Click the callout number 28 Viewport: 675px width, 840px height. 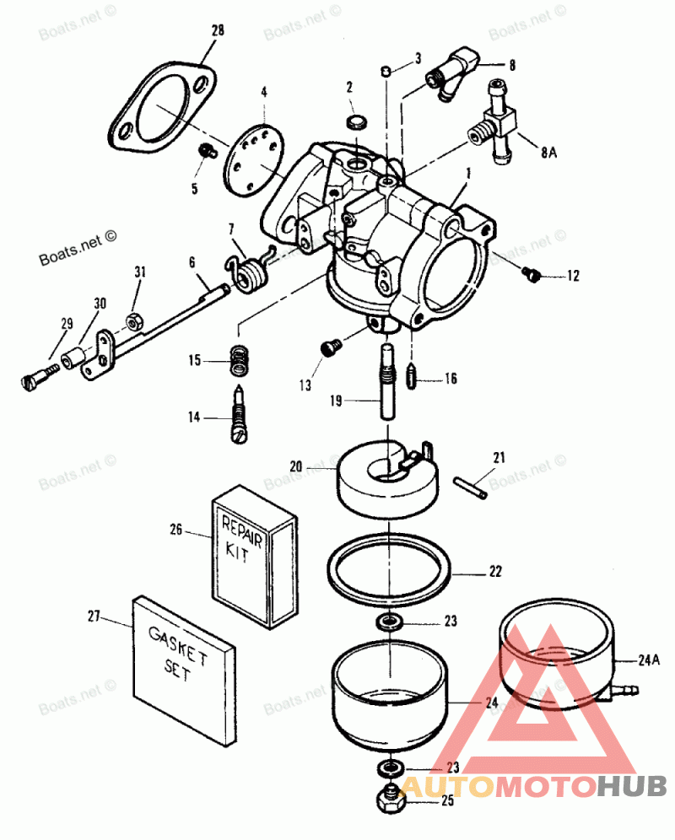218,30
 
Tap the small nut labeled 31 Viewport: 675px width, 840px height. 133,321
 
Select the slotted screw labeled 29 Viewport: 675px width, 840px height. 40,377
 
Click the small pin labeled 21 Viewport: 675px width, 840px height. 471,487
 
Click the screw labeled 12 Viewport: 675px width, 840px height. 532,275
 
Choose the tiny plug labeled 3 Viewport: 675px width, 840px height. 386,70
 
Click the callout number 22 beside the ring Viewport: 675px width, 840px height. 494,572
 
